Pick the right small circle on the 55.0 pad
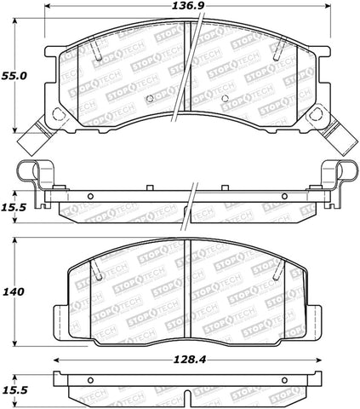(224, 98)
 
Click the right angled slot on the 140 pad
(274, 274)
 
